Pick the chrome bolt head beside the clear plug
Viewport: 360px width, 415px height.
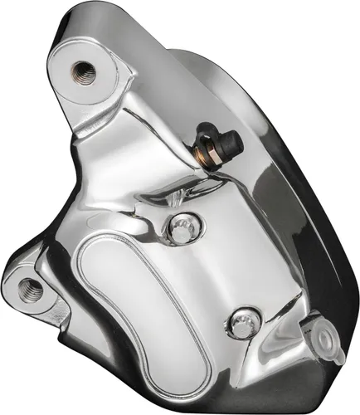[x=241, y=325]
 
